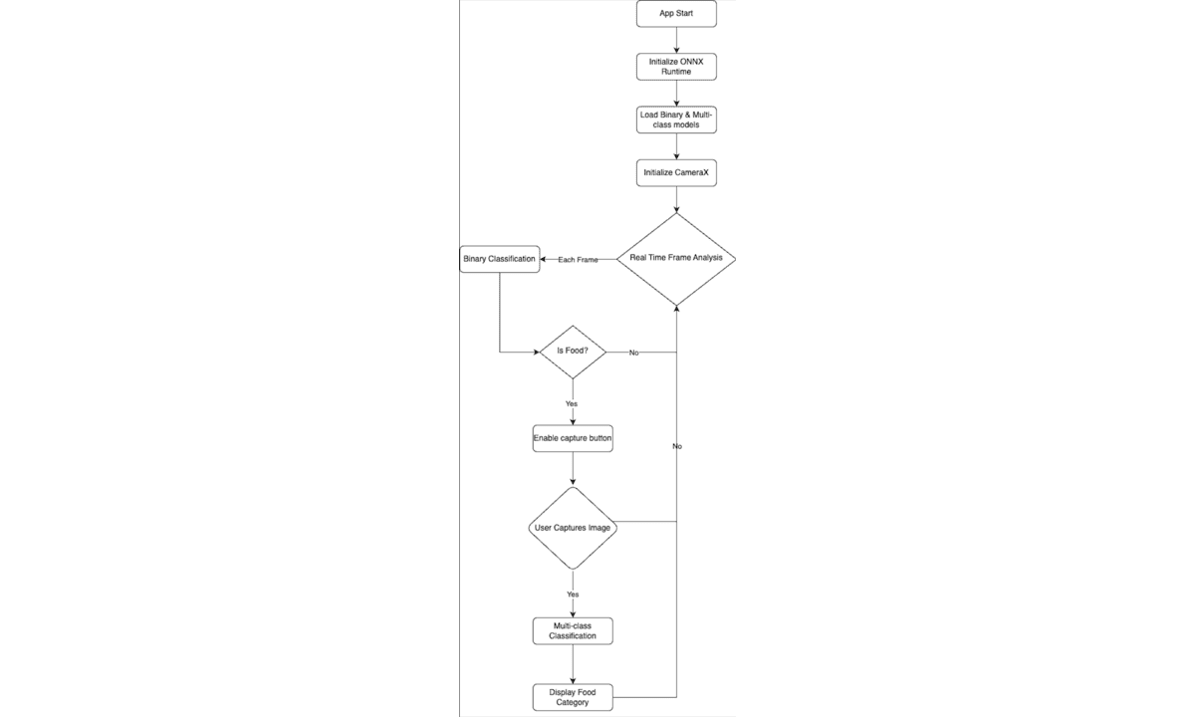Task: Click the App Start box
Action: tap(676, 14)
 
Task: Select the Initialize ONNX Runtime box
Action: tap(676, 67)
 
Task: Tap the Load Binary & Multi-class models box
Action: tap(676, 119)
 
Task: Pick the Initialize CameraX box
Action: tap(676, 173)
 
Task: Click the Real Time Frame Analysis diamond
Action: tap(676, 259)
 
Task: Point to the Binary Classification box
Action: tap(500, 259)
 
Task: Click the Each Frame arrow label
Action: tap(578, 260)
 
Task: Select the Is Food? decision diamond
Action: tap(573, 353)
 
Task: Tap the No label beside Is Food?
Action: tap(633, 353)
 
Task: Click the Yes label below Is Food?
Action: tap(572, 404)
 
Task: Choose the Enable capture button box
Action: tap(573, 438)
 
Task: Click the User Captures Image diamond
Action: tap(573, 528)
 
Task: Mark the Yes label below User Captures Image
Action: tap(573, 595)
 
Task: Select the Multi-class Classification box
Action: tap(573, 631)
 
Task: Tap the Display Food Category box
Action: tap(573, 697)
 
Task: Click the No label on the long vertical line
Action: tap(677, 446)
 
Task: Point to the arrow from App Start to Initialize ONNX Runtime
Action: tap(676, 40)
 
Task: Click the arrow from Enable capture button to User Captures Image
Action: tap(573, 469)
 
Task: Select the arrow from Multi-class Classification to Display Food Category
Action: tap(573, 664)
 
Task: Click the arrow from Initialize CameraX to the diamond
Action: tap(676, 200)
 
